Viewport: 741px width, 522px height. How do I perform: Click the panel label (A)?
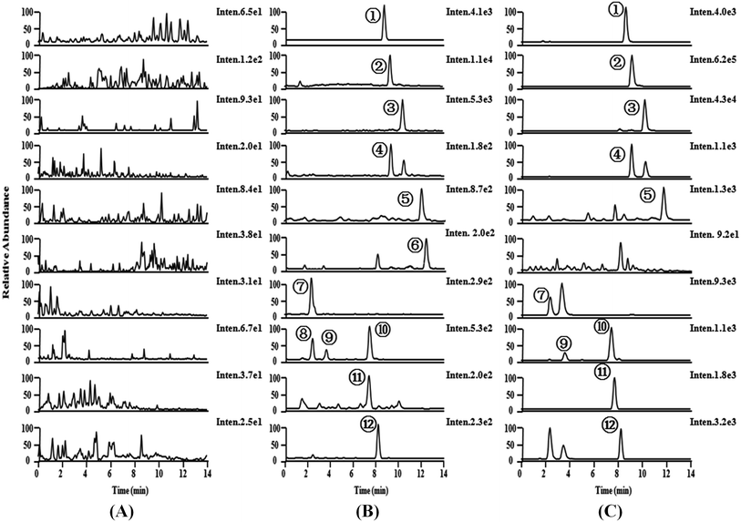point(121,511)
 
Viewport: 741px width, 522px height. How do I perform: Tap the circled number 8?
point(303,334)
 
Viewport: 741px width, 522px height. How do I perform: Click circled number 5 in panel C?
point(647,196)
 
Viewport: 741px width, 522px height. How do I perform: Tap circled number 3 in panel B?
point(391,107)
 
